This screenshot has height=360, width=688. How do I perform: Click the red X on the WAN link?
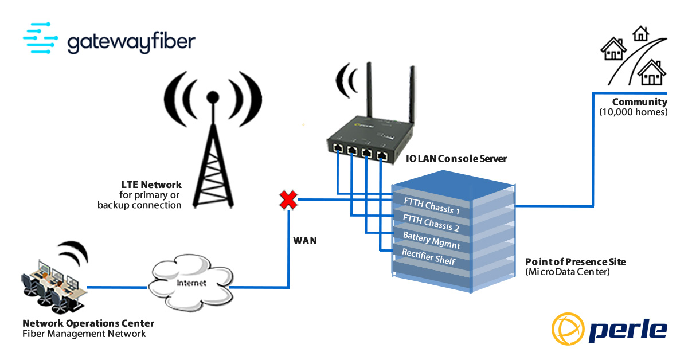click(288, 200)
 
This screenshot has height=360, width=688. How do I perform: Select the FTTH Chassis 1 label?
click(432, 206)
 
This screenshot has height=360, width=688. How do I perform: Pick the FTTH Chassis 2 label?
click(431, 222)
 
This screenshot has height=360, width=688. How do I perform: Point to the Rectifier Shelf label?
click(429, 257)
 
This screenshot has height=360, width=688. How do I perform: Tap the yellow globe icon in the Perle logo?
click(568, 329)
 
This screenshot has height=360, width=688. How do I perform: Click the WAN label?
click(304, 241)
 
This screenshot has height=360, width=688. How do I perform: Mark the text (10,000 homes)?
click(634, 112)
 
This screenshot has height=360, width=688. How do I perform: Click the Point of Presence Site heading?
click(575, 261)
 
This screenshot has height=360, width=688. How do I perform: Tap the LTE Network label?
click(151, 185)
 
